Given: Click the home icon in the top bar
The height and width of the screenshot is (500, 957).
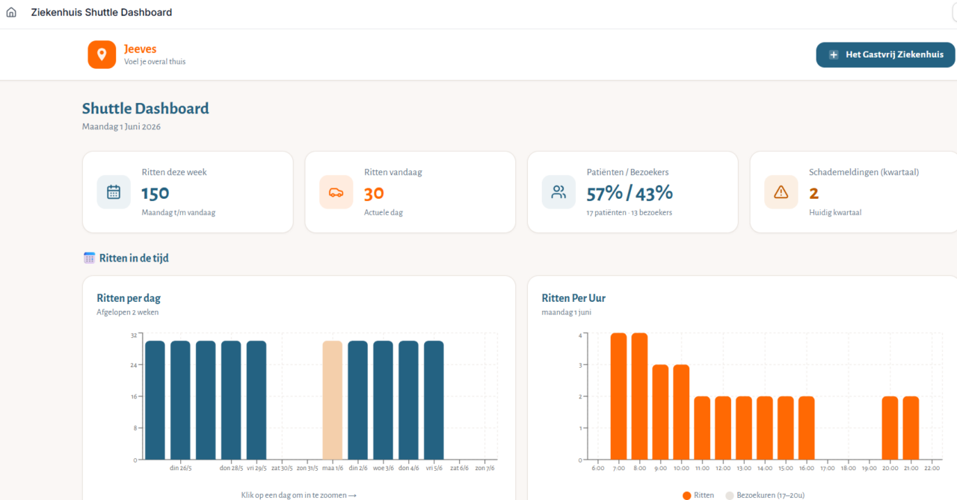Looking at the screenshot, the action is (x=11, y=13).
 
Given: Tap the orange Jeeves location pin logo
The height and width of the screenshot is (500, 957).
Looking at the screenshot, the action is (x=102, y=55).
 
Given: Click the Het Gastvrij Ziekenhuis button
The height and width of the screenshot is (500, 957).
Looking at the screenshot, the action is (x=885, y=55).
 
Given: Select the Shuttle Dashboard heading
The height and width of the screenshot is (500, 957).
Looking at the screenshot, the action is (x=145, y=108).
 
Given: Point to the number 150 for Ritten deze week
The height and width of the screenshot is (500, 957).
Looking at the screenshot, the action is (x=155, y=194).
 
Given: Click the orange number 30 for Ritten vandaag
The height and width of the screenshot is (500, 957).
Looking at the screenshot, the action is (x=374, y=194).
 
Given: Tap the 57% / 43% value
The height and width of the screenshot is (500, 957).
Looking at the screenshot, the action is (x=630, y=194).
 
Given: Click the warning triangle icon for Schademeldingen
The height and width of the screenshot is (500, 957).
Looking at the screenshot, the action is (x=781, y=192).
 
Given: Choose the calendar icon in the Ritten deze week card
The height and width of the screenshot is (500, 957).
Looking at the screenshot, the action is (x=114, y=192).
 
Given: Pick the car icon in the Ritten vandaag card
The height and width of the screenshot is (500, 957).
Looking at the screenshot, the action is (x=336, y=193).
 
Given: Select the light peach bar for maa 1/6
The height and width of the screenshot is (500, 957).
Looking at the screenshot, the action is (x=333, y=400).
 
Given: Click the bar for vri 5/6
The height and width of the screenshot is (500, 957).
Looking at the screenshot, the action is (x=434, y=400).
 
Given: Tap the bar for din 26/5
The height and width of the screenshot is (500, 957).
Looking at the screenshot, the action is (x=180, y=400).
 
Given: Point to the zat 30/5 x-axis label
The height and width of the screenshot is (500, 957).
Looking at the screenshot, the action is (x=282, y=468).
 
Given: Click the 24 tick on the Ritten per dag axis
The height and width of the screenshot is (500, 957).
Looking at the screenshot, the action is (x=134, y=365).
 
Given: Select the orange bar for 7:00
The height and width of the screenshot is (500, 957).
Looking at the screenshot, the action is (x=618, y=396).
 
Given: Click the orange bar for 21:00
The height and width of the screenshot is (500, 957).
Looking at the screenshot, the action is (x=911, y=428).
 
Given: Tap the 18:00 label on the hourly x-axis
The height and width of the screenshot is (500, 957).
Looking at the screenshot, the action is (x=848, y=469).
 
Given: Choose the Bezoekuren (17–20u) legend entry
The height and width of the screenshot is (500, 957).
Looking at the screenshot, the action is (x=765, y=496).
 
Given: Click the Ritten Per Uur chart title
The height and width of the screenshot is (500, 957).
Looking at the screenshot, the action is (x=573, y=298).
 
